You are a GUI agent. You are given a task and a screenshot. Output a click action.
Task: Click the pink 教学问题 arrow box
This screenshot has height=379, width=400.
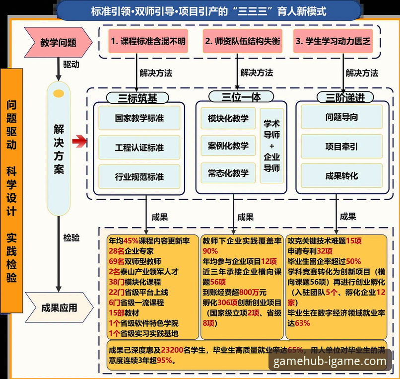pos(59,42)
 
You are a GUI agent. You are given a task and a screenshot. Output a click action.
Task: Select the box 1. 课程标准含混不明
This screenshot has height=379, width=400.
pos(147,41)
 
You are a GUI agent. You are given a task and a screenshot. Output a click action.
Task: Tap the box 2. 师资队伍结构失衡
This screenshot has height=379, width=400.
pos(242,41)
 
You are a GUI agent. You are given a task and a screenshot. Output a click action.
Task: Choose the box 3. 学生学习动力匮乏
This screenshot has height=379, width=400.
pos(333,41)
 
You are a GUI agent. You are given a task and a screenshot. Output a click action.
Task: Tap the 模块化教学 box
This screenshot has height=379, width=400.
pos(228,119)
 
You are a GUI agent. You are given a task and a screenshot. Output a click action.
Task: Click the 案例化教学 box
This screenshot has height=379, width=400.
pos(228,146)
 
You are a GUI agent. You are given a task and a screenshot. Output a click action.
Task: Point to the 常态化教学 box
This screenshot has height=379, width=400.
pos(228,173)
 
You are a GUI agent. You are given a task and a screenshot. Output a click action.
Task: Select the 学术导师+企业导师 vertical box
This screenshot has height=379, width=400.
pos(271,146)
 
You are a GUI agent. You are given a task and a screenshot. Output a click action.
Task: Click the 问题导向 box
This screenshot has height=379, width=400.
pos(341,118)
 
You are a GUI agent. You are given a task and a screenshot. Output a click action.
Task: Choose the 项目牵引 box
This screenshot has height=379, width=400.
pos(341,147)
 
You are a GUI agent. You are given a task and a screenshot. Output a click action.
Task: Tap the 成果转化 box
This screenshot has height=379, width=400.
pos(341,175)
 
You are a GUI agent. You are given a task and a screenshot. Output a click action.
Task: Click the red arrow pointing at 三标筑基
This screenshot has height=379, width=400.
pos(79,143)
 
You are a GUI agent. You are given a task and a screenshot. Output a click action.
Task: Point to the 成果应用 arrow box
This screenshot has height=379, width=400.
pos(59,308)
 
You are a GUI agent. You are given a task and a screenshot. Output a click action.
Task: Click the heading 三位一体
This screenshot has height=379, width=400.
pos(234,96)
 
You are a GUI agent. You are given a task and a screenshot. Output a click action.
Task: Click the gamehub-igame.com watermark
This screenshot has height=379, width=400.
pos(330,361)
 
